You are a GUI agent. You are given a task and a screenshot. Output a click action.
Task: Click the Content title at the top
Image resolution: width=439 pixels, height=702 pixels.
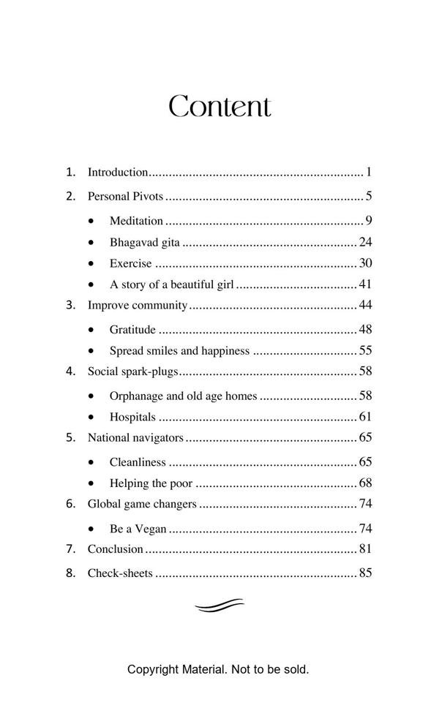point(219,107)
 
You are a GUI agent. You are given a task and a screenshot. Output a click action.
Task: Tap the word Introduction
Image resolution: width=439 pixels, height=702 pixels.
point(118,173)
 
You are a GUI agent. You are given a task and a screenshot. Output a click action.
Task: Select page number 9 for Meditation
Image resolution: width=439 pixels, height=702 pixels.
point(369,221)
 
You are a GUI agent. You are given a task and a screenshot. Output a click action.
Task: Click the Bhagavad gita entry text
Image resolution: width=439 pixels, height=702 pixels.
point(144,242)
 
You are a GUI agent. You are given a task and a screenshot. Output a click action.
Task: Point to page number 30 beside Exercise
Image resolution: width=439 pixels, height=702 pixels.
point(366,263)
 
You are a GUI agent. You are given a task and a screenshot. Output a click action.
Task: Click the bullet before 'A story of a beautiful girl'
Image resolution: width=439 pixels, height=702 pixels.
point(91,284)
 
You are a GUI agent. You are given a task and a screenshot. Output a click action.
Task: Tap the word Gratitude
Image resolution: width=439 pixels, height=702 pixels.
point(132,330)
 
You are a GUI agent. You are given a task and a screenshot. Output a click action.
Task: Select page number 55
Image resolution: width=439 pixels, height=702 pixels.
point(366,351)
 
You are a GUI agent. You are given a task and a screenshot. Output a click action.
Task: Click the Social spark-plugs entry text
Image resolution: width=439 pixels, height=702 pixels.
point(132,371)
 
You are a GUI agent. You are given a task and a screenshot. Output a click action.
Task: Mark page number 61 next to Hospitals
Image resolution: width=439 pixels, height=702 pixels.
point(366,418)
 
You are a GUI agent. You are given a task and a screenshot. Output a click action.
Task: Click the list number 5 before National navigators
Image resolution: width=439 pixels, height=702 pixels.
point(70,438)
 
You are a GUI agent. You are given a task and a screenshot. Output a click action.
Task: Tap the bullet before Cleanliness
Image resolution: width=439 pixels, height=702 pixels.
point(91,462)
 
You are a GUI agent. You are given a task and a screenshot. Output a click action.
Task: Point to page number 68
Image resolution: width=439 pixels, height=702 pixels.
point(366,483)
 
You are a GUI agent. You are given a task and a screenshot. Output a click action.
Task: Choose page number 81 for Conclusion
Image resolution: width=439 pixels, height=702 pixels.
point(366,549)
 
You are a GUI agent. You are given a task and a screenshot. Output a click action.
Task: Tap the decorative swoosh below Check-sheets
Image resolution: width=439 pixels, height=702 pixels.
point(219,605)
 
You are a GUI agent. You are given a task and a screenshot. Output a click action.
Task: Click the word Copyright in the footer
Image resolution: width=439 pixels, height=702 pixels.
point(153,669)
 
